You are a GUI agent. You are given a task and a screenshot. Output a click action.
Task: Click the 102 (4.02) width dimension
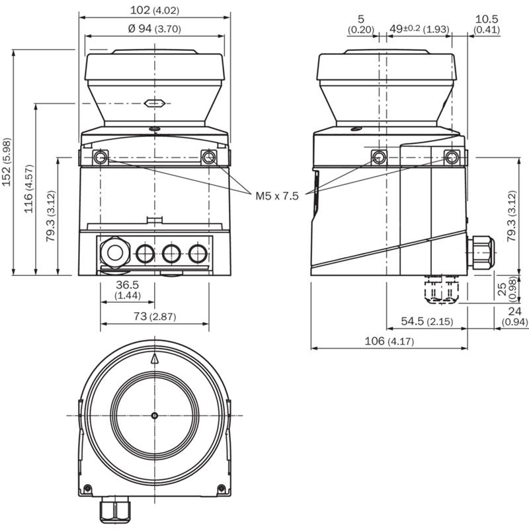[x=155, y=10]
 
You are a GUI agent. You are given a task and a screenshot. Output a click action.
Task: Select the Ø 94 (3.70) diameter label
[x=155, y=28]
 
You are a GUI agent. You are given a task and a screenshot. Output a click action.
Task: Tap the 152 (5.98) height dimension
[x=7, y=161]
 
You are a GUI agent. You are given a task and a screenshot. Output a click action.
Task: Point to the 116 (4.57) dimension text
[x=28, y=189]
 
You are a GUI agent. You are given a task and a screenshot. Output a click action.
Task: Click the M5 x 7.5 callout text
[x=277, y=196]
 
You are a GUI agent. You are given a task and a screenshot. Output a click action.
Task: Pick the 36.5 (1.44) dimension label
[x=128, y=290]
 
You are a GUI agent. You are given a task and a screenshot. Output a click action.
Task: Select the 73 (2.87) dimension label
[x=155, y=316]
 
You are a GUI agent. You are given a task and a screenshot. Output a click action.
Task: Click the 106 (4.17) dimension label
[x=389, y=341]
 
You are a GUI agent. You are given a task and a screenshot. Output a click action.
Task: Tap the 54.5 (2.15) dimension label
[x=427, y=321]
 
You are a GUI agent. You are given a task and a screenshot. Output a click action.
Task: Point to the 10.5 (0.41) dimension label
[x=487, y=24]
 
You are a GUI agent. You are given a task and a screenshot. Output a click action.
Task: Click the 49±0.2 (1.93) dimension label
[x=420, y=28]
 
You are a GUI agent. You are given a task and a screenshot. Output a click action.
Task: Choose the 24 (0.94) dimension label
[x=515, y=316]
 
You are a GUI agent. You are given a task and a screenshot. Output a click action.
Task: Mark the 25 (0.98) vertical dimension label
[x=507, y=288]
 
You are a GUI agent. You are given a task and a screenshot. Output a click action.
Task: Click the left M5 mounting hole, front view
[x=101, y=157]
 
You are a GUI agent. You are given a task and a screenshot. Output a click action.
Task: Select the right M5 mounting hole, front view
[x=209, y=157]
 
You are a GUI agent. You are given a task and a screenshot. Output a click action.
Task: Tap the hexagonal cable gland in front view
[x=114, y=253]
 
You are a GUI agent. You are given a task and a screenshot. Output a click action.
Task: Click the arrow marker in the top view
[x=155, y=358]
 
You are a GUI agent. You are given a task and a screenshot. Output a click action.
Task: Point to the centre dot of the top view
[x=155, y=415]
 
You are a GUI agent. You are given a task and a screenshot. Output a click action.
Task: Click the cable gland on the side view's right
[x=481, y=253]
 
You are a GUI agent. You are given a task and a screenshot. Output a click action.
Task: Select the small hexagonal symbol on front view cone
[x=154, y=103]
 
